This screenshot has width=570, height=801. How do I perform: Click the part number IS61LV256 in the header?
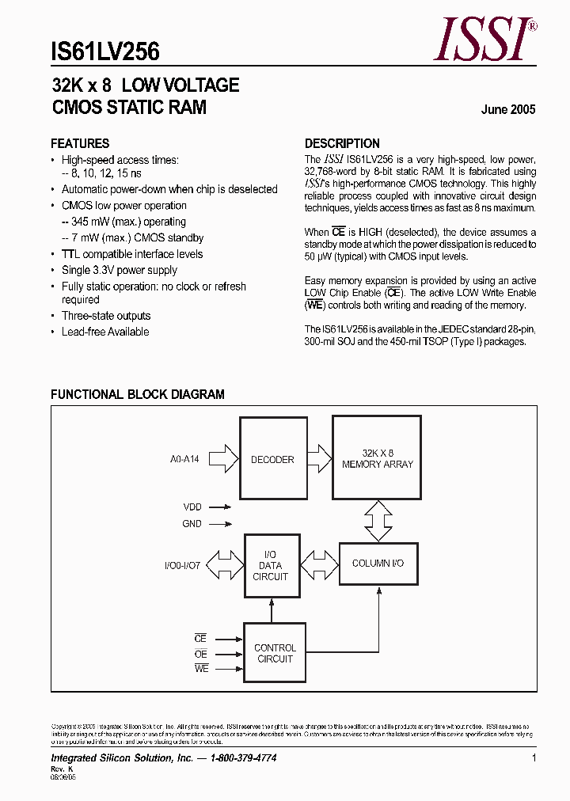tap(104, 52)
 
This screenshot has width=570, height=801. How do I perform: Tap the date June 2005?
tap(507, 110)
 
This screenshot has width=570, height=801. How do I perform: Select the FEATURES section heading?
tap(80, 143)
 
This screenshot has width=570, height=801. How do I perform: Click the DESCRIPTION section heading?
tap(342, 143)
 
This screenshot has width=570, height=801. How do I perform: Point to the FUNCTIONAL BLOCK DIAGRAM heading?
tap(138, 394)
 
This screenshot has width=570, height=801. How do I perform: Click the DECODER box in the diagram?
tap(272, 459)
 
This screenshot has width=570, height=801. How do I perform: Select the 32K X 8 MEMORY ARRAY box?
tap(377, 458)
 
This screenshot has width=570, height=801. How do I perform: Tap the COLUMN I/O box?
tap(378, 564)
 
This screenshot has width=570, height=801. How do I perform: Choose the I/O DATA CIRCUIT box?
tap(271, 566)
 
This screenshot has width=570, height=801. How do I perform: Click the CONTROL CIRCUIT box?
tap(275, 653)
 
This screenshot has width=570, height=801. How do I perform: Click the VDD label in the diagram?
tap(192, 507)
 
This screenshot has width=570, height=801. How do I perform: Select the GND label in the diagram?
tap(192, 523)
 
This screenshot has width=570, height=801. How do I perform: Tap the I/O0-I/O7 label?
tap(183, 566)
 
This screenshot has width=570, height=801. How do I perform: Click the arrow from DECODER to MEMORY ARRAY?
tap(318, 458)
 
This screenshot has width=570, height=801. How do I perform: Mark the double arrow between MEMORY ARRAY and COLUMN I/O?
tap(378, 522)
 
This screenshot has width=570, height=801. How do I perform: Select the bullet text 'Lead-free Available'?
tap(105, 332)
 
